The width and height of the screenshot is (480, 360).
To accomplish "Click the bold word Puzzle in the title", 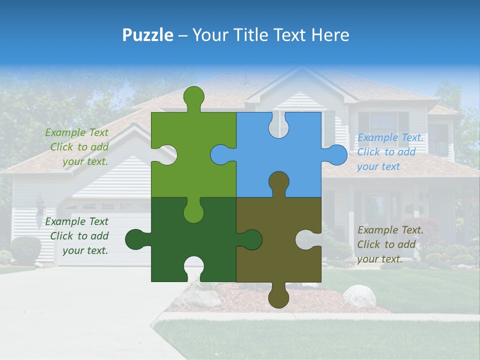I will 148,35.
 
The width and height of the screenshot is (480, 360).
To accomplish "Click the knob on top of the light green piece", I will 194,96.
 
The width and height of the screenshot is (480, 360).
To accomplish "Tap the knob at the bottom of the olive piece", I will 279,298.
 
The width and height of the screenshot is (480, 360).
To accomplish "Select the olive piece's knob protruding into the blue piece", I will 279,181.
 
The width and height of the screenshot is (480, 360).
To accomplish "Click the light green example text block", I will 77,147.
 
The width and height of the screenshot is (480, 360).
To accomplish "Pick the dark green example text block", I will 77,236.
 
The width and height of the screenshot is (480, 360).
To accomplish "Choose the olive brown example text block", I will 390,244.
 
